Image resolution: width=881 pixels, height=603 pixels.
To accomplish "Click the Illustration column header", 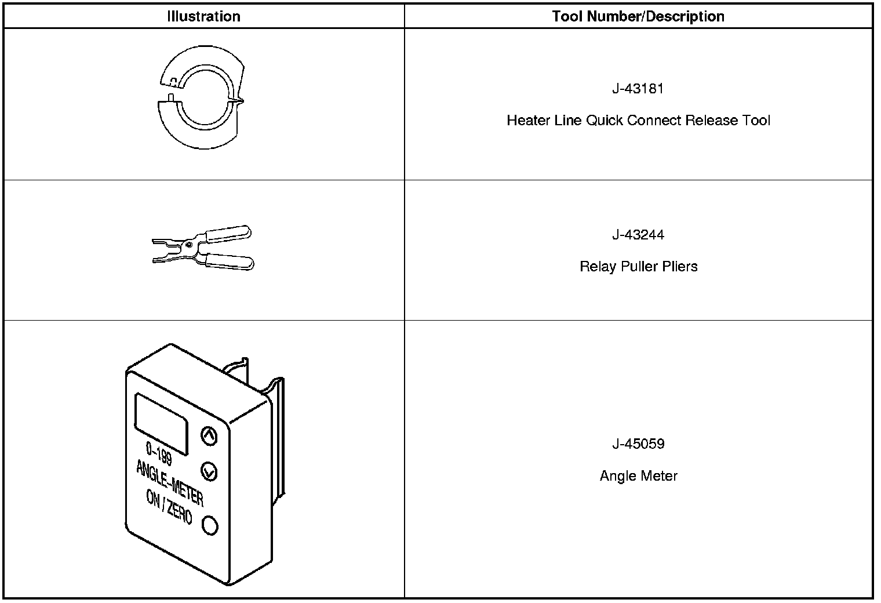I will pyautogui.click(x=203, y=16).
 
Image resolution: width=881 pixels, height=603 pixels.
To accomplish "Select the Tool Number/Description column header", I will pyautogui.click(x=638, y=16).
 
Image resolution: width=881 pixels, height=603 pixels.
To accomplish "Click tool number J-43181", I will pyautogui.click(x=638, y=89).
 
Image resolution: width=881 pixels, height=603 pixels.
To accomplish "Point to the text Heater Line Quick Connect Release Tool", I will pyautogui.click(x=638, y=121).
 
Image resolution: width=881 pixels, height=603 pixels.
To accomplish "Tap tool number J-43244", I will pyautogui.click(x=638, y=235).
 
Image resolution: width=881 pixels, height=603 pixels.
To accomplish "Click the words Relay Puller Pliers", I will pyautogui.click(x=638, y=267).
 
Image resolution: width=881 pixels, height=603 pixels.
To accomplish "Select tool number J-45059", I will pyautogui.click(x=638, y=444).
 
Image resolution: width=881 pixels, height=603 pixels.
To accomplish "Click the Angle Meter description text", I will pyautogui.click(x=638, y=476).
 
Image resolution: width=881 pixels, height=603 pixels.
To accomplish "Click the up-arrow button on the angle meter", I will pyautogui.click(x=209, y=435).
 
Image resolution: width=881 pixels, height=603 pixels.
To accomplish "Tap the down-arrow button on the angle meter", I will pyautogui.click(x=209, y=471).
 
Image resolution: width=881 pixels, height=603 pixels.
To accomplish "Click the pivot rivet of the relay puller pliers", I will pyautogui.click(x=190, y=245).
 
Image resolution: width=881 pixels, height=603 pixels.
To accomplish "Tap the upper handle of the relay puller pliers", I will pyautogui.click(x=228, y=234).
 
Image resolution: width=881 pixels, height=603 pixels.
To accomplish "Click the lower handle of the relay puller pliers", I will pyautogui.click(x=230, y=261).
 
